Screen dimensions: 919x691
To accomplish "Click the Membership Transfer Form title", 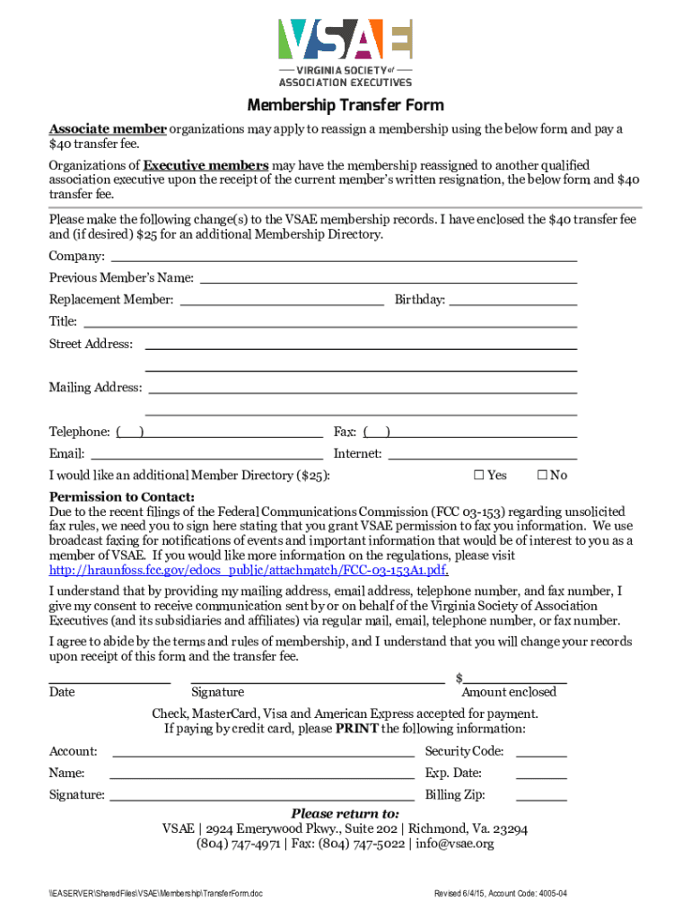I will [x=345, y=106].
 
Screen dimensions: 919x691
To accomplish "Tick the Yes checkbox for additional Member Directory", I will [x=478, y=475].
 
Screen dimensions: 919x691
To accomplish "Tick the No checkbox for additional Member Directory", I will [x=542, y=475].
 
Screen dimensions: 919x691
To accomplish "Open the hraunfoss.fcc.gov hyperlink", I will [x=248, y=570].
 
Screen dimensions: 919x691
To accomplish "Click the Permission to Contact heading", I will [x=122, y=497].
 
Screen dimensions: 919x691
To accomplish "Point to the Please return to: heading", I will [x=345, y=813].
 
